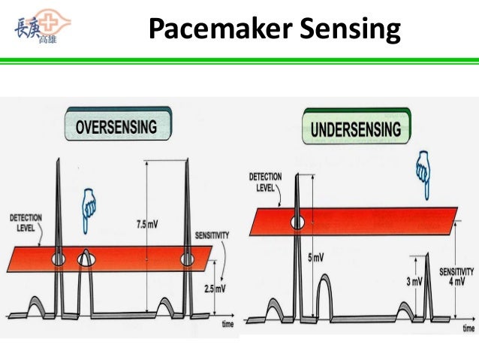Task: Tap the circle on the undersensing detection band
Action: click(x=298, y=222)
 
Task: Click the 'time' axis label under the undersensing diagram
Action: click(x=468, y=328)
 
